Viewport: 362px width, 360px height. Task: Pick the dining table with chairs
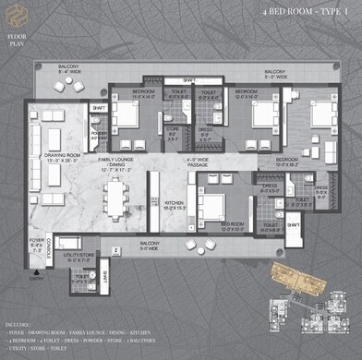(116, 197)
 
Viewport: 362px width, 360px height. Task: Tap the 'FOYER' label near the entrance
(36, 245)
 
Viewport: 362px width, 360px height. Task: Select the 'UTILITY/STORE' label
(74, 258)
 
